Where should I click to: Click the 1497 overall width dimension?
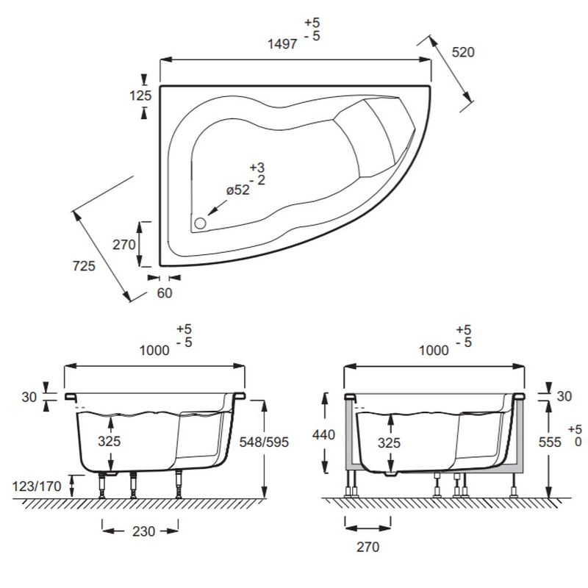click(283, 44)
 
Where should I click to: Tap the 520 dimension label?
click(463, 52)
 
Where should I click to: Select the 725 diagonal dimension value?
click(84, 266)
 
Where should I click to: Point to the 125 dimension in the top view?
click(140, 96)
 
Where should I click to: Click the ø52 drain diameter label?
click(238, 190)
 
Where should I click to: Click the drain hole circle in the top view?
click(200, 223)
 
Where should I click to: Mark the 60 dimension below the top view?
click(164, 293)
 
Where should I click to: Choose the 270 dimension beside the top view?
click(124, 245)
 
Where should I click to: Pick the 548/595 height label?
click(264, 442)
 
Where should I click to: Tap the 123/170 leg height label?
click(37, 487)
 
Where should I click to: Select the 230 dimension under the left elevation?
click(143, 531)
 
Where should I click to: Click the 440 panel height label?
click(323, 434)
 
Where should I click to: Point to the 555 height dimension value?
click(550, 442)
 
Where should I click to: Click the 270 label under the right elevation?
click(368, 547)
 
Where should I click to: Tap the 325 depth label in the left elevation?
click(109, 441)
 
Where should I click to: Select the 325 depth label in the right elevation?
click(390, 443)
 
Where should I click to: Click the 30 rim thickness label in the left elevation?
click(29, 397)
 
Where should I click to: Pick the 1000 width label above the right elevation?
click(434, 351)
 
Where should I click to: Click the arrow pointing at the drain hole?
click(218, 208)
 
